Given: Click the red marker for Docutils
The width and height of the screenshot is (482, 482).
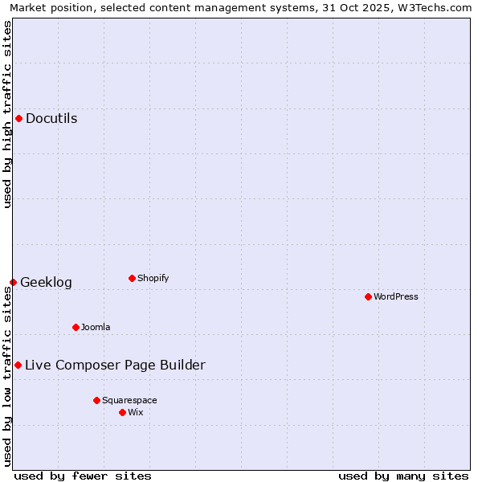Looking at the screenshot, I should (18, 119).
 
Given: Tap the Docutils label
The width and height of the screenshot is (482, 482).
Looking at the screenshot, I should (51, 119).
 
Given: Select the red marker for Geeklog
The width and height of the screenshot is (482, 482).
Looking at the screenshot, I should (13, 282).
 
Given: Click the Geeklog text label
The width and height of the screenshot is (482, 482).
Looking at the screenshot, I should (46, 283).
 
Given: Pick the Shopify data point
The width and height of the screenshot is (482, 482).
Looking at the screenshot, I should (132, 278).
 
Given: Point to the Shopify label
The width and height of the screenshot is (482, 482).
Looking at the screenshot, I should (153, 279).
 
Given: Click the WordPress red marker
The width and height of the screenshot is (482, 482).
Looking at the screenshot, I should (368, 296).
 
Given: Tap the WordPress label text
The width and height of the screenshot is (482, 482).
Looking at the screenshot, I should (395, 297).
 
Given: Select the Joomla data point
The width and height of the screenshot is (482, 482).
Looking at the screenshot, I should (76, 327).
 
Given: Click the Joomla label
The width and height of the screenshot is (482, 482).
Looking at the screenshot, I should (96, 328).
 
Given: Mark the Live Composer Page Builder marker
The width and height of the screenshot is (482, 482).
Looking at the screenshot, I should (18, 365).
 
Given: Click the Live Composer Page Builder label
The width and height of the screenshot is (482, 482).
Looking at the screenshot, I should (115, 366).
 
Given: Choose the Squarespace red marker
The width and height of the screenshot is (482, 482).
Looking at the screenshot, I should (96, 400).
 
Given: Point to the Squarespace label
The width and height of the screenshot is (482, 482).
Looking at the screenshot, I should (129, 401).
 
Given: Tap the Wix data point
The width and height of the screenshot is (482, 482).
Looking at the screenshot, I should (122, 412).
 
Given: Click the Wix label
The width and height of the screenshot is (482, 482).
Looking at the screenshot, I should (135, 413).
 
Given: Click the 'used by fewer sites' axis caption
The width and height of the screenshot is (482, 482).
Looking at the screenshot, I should (83, 476).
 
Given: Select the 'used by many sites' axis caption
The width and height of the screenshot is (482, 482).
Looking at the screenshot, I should (403, 476).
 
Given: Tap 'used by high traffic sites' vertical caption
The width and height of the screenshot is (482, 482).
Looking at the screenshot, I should (8, 114).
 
